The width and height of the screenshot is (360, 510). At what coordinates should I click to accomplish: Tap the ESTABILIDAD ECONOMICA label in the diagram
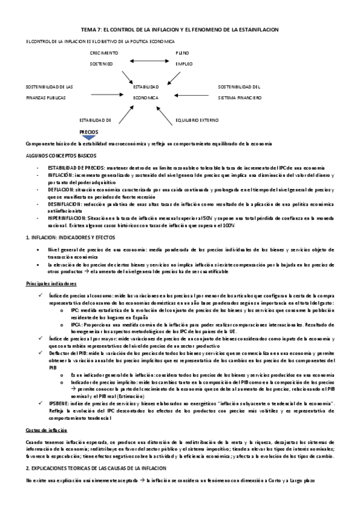point(146,92)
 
